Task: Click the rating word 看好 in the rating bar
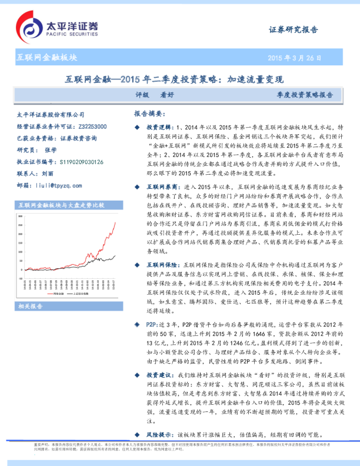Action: (167, 94)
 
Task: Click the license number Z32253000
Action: (91, 127)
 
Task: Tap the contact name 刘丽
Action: (48, 174)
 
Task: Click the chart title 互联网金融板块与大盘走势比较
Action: (61, 205)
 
